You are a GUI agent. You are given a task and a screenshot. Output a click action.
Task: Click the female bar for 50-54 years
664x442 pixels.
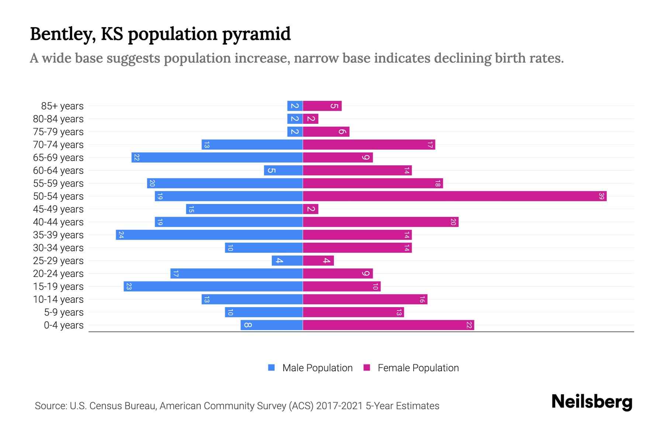(x=454, y=196)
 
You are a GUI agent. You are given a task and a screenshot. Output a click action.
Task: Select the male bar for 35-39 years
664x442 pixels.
(x=209, y=235)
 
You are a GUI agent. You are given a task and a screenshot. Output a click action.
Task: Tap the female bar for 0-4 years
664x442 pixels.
(x=388, y=325)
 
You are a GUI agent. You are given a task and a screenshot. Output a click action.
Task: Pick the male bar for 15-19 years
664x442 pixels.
(x=213, y=287)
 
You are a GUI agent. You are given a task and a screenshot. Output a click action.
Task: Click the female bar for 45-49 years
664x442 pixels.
(x=311, y=209)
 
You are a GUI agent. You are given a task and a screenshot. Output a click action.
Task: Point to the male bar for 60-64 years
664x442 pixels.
(x=283, y=171)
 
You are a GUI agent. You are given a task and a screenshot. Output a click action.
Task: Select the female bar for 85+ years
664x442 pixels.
(x=322, y=106)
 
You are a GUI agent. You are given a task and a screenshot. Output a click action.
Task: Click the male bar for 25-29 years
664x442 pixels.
(x=287, y=261)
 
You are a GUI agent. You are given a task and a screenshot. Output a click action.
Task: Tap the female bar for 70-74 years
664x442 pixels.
(x=369, y=145)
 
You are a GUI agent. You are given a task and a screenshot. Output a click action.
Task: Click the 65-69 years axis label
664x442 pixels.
(x=58, y=158)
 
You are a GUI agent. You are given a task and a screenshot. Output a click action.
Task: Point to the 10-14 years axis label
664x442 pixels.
(x=58, y=299)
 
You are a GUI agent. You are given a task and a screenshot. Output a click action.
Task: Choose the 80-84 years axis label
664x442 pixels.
(x=58, y=119)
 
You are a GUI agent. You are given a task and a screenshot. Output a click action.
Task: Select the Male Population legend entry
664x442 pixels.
(x=317, y=368)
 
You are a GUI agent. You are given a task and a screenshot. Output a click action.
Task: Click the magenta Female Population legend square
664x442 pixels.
(x=367, y=368)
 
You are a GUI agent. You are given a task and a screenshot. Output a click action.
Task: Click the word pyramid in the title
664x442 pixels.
(x=256, y=34)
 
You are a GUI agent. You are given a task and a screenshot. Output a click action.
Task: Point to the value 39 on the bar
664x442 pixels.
(x=601, y=196)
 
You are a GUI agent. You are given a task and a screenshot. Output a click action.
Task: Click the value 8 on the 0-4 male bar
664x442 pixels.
(x=248, y=325)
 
